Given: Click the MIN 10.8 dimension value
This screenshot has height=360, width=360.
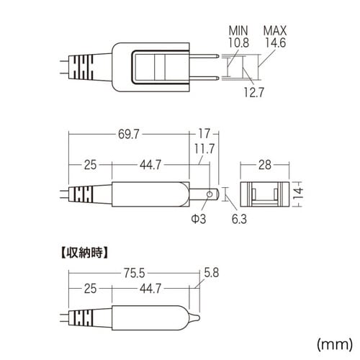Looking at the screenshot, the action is tap(238, 42).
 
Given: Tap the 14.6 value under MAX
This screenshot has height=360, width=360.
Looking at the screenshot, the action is tap(276, 42).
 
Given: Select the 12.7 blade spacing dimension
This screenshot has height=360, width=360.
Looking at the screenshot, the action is tap(254, 92).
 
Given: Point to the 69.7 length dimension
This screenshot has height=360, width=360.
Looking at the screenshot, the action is tap(129, 134).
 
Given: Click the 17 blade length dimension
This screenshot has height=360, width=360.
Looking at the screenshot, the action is tap(204, 133).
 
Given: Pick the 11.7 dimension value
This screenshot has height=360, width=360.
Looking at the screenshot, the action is tap(204, 149).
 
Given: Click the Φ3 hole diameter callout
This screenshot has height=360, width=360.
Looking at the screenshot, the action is tap(199, 219).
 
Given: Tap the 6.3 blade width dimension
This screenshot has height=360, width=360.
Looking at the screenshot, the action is tap(239, 219).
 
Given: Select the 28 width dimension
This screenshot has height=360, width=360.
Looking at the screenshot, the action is tap(265, 165).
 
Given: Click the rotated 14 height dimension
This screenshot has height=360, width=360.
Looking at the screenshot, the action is tap(298, 194).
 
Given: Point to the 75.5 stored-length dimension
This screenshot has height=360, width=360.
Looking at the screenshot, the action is tap(135, 273).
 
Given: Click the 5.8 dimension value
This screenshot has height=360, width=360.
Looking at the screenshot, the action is tap(212, 273).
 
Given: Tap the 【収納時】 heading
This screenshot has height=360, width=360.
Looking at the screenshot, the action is tap(84, 253).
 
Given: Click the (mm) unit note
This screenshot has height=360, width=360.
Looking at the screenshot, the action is tap(335, 344).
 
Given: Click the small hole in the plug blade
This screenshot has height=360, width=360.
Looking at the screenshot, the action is tap(210, 194).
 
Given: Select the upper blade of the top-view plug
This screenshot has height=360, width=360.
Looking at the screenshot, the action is tap(204, 56).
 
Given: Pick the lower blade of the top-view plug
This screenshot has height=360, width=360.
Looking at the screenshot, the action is tap(204, 78).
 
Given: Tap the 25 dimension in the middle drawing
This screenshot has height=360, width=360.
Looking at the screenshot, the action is tap(90, 165).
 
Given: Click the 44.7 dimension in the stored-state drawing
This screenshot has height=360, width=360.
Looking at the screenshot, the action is tap(150, 289).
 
